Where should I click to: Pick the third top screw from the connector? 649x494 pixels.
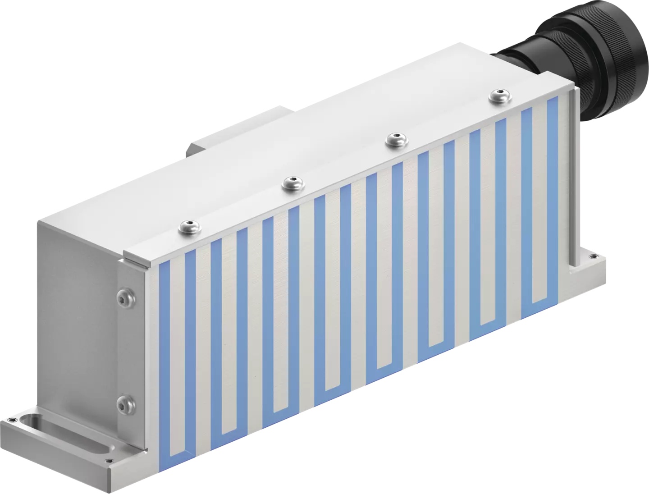coord(292,183)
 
